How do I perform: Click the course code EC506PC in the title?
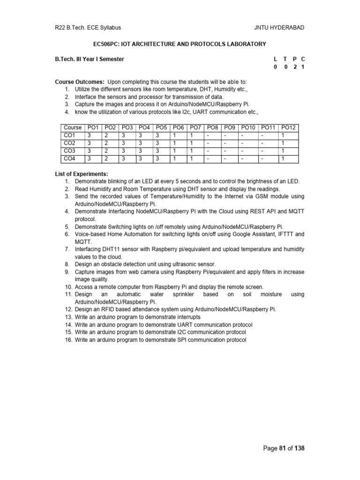pyautogui.click(x=107, y=44)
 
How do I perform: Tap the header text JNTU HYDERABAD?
pyautogui.click(x=279, y=28)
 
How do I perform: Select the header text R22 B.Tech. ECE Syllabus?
pyautogui.click(x=88, y=28)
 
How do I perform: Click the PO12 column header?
pyautogui.click(x=288, y=127)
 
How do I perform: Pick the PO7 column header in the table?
pyautogui.click(x=196, y=127)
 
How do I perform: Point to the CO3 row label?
pyautogui.click(x=70, y=151)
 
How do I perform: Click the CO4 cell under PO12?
pyautogui.click(x=283, y=159)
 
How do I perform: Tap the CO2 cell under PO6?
pyautogui.click(x=174, y=143)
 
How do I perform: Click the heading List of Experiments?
pyautogui.click(x=82, y=174)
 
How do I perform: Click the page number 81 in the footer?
pyautogui.click(x=282, y=448)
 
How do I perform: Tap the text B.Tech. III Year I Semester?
pyautogui.click(x=90, y=59)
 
